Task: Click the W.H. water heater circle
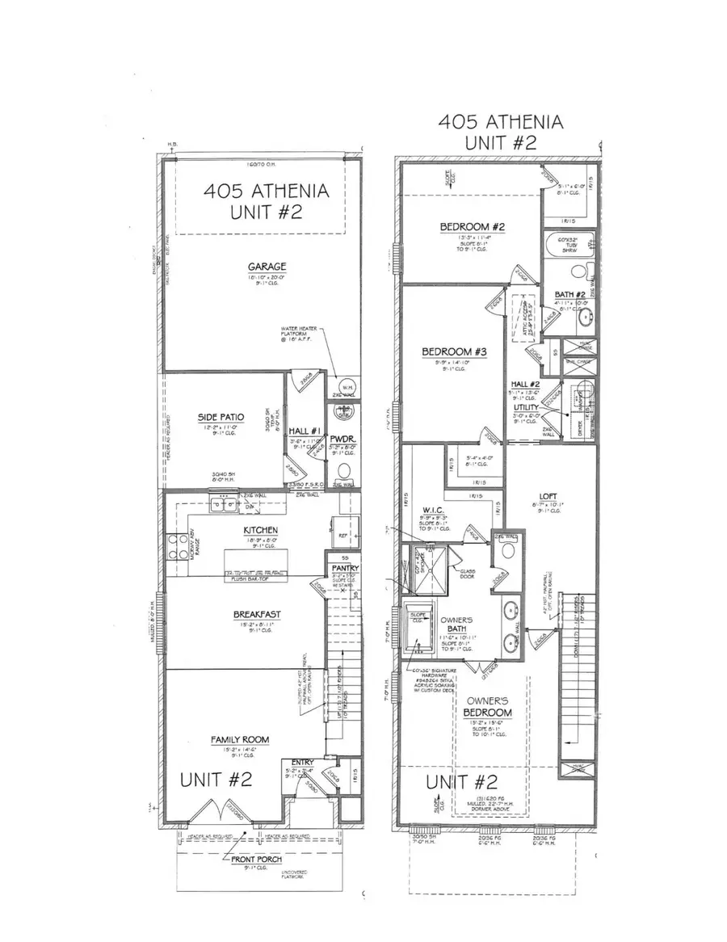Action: pos(347,386)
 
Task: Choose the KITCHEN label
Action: pos(260,531)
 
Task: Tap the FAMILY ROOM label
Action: pos(240,739)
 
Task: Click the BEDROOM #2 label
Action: pos(473,228)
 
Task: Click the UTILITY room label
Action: pos(527,409)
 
